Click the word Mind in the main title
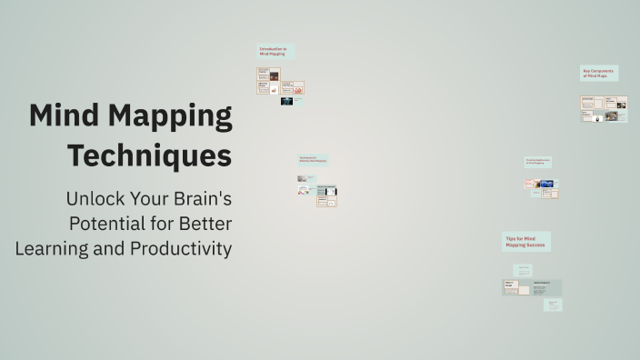pos(65,116)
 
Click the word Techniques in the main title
pos(149,155)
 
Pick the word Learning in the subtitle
pos(48,248)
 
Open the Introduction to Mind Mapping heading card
pos(275,51)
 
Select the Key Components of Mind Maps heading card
pos(598,73)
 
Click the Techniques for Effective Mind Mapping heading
pos(313,159)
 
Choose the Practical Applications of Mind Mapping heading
pos(537,162)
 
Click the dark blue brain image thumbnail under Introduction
pos(286,101)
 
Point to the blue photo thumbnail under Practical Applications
pos(548,184)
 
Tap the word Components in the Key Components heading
pos(604,70)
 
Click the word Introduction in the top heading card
pos(271,48)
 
